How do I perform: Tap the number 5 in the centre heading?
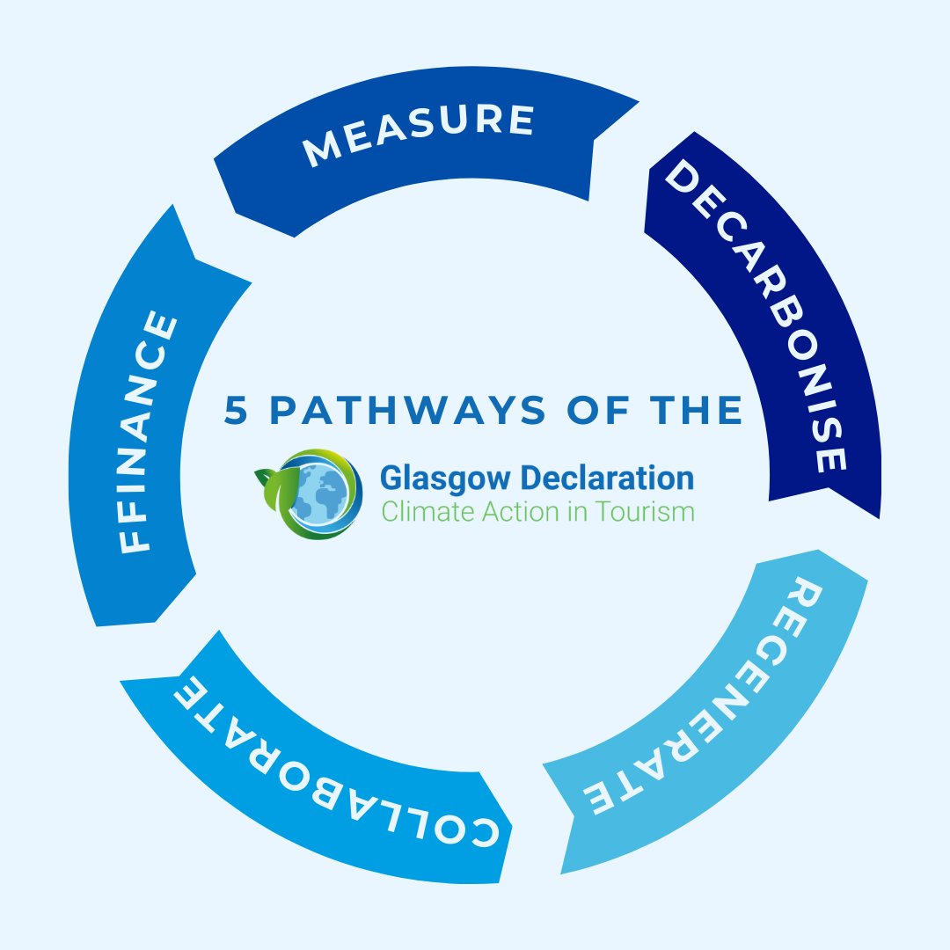236,412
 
